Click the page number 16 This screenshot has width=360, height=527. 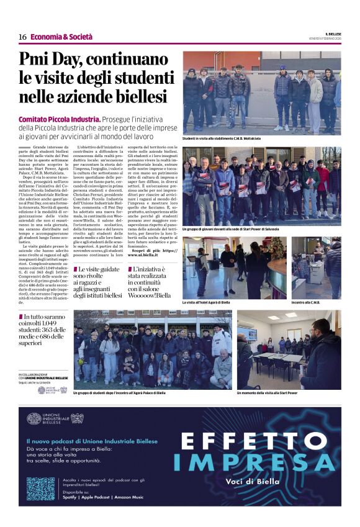(x=22, y=37)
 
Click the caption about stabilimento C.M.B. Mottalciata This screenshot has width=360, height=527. (x=222, y=138)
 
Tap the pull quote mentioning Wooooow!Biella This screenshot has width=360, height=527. (x=149, y=283)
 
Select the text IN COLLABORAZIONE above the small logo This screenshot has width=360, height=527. (x=32, y=374)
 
